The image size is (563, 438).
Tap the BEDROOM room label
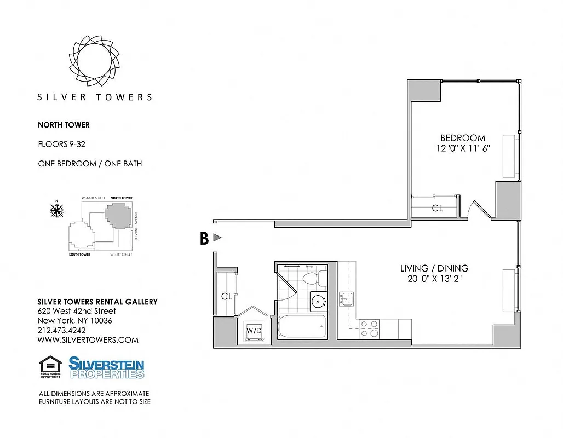coord(463,138)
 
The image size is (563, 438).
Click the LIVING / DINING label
coord(434,268)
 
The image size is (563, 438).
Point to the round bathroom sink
coord(318,301)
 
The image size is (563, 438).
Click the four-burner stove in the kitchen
coord(369,328)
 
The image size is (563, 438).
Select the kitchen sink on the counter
coord(346,299)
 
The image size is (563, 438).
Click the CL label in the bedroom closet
coord(437,208)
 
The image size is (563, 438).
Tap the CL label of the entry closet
coord(227,296)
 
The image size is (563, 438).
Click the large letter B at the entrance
coord(204,239)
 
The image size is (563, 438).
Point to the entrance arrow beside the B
coord(217,238)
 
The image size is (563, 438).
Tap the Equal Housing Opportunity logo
coord(50,367)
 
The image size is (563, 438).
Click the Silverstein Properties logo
coord(106,367)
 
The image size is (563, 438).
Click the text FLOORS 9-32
coord(61,145)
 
